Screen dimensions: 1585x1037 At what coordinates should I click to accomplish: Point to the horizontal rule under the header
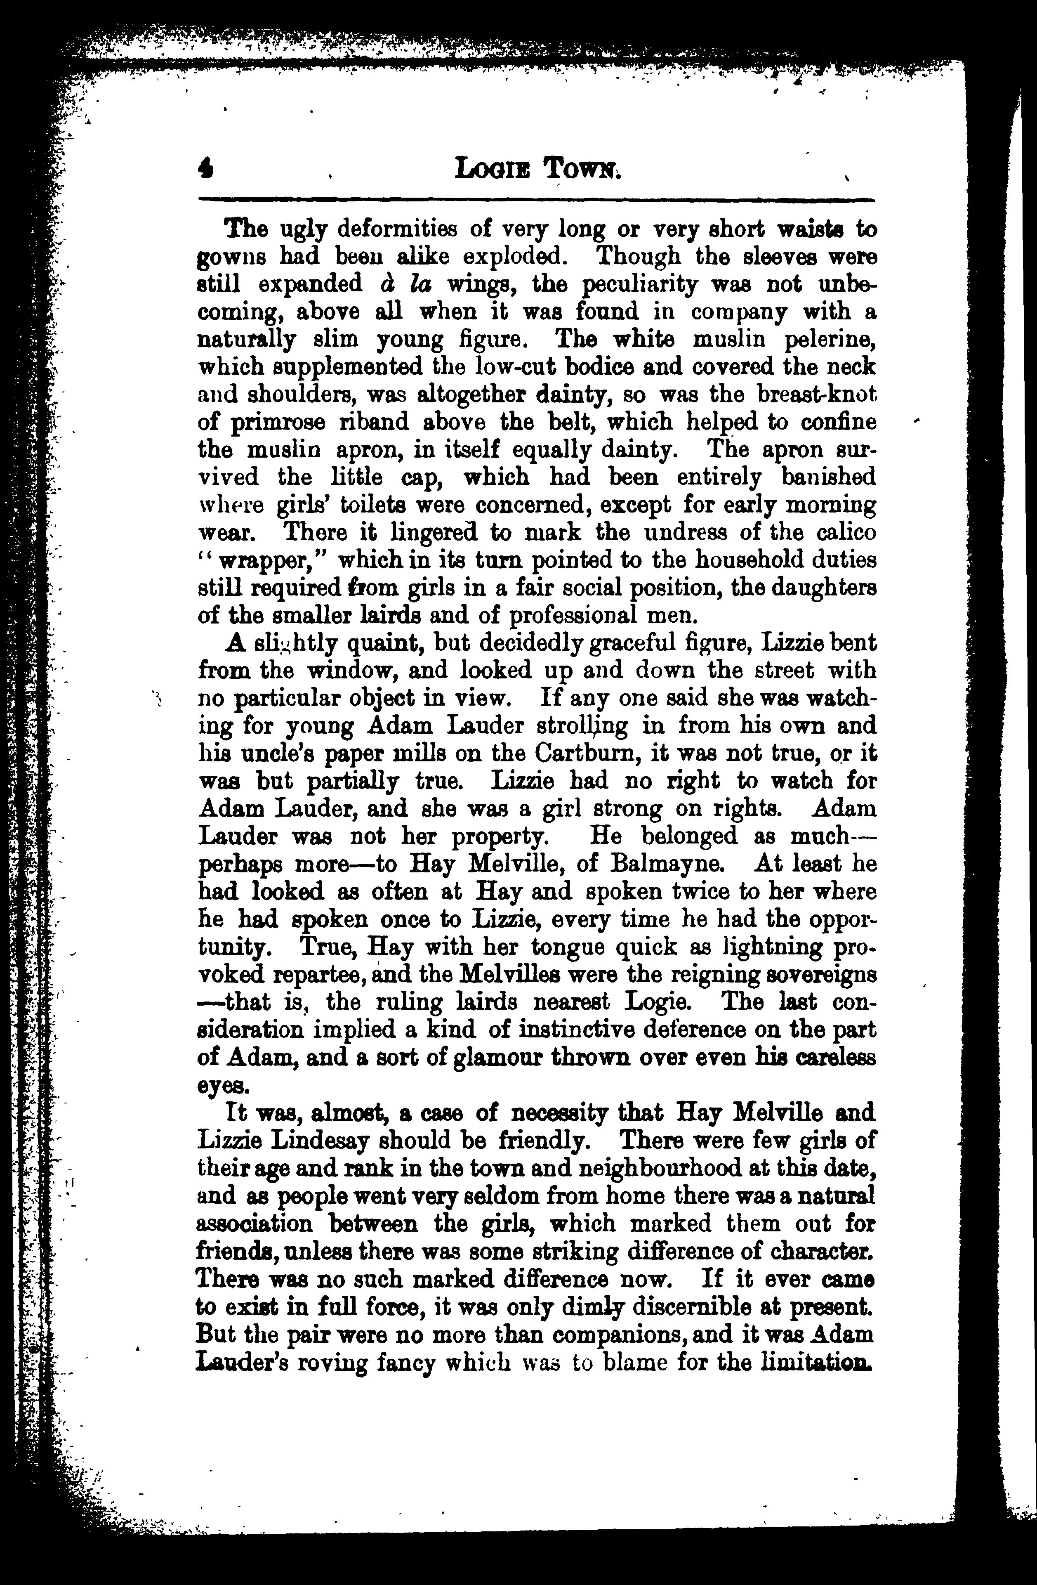pos(536,199)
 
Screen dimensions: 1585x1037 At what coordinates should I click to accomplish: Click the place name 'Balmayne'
pos(667,865)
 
